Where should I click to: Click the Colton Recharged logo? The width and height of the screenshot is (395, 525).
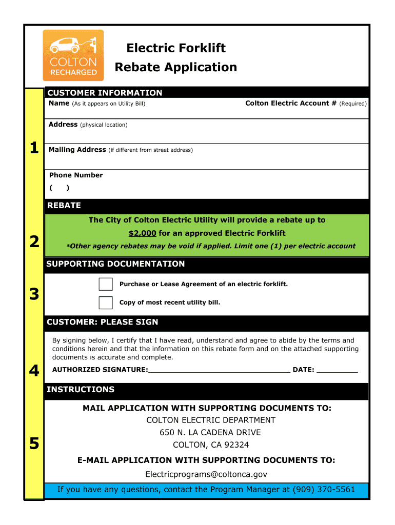(x=73, y=55)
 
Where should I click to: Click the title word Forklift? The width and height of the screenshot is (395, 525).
(x=202, y=48)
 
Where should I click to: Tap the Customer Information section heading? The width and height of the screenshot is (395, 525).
(x=105, y=93)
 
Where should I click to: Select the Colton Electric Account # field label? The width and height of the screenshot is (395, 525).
(x=290, y=103)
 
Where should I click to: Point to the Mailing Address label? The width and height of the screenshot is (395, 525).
(x=77, y=150)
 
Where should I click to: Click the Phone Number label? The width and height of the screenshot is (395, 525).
(x=76, y=175)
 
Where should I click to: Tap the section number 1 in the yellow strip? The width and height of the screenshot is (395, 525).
(x=34, y=149)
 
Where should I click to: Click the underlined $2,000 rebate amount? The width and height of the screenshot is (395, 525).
(x=142, y=233)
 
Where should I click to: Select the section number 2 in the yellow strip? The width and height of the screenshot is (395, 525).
(x=34, y=241)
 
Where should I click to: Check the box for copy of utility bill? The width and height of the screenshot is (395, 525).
(x=106, y=302)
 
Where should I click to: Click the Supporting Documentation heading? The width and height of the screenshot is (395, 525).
(x=115, y=264)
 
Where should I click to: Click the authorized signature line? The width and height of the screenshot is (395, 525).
(x=219, y=370)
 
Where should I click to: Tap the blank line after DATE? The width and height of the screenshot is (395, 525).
(x=337, y=370)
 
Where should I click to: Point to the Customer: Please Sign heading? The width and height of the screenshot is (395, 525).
(x=103, y=322)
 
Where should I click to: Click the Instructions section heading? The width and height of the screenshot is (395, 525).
(x=81, y=390)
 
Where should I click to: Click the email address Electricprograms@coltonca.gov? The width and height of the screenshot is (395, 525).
(x=206, y=474)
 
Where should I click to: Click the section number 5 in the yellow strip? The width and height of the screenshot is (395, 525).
(x=34, y=443)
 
